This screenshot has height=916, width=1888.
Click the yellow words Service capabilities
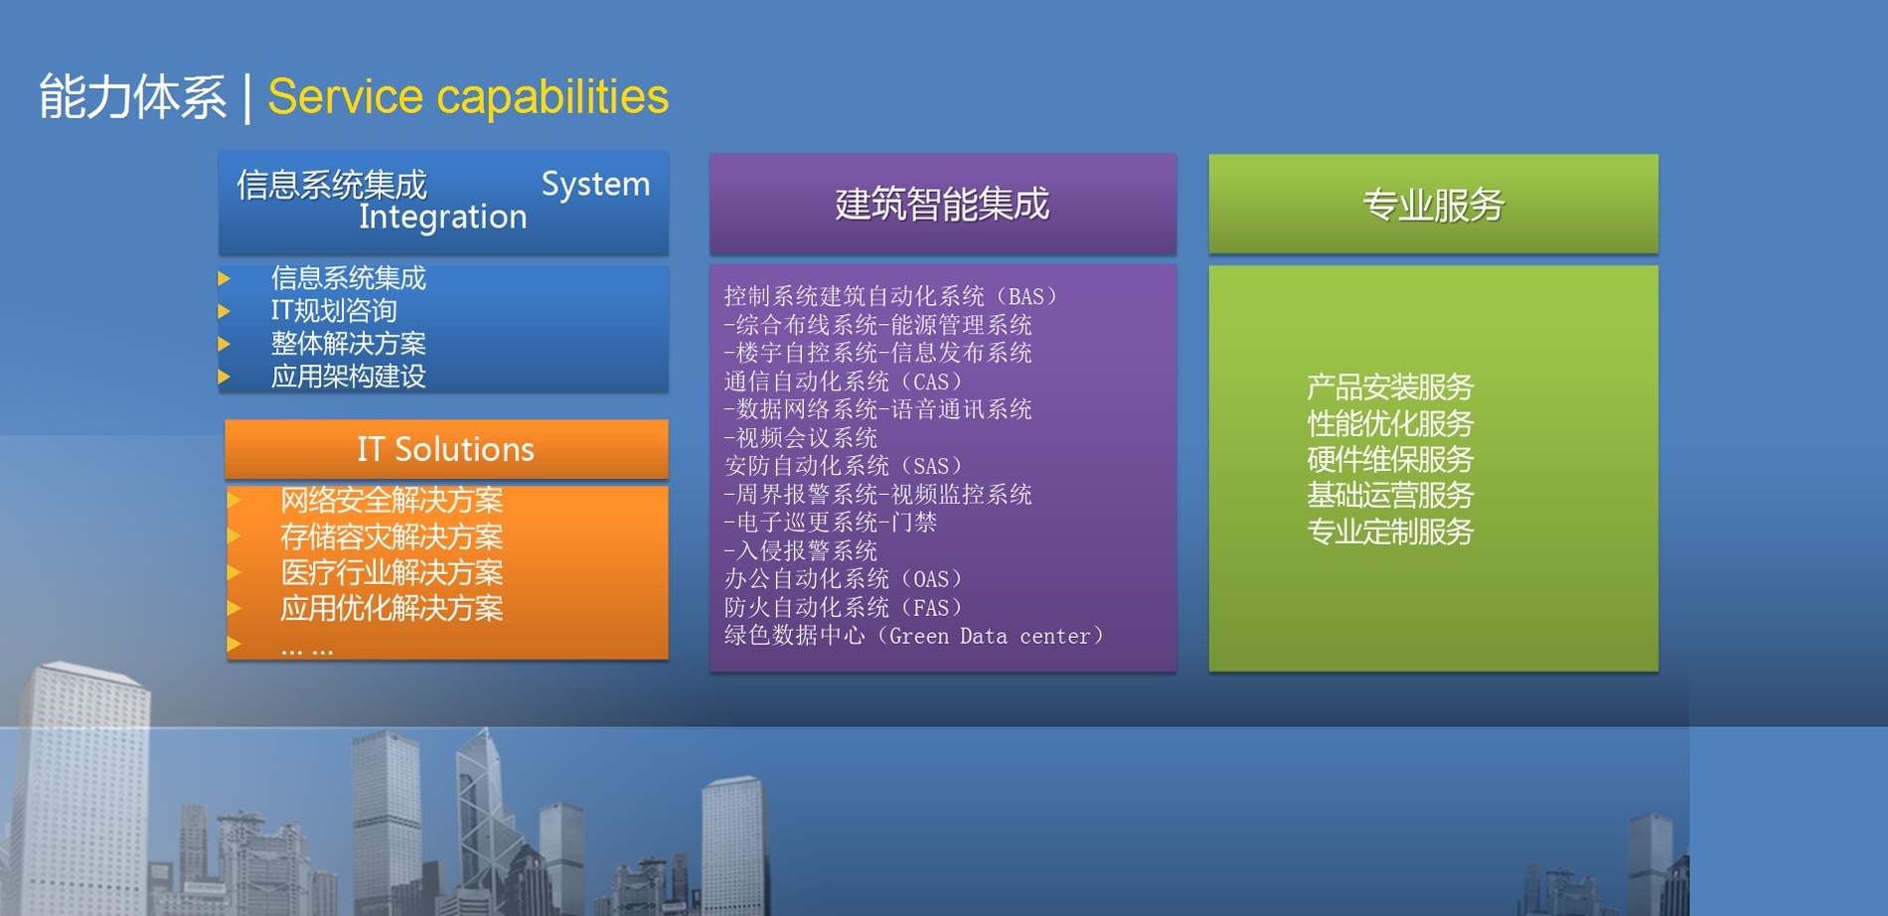pyautogui.click(x=468, y=97)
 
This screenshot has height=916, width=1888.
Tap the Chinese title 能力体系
pyautogui.click(x=133, y=97)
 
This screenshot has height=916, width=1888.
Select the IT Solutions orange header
pyautogui.click(x=446, y=449)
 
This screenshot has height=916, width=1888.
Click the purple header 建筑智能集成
pyautogui.click(x=943, y=204)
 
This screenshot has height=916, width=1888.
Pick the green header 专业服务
pyautogui.click(x=1433, y=205)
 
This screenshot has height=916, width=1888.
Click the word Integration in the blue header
pyautogui.click(x=442, y=217)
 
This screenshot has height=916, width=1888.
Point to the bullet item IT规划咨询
pyautogui.click(x=334, y=311)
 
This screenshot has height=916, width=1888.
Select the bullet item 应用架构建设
pyautogui.click(x=349, y=377)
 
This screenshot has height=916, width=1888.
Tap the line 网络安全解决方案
pyautogui.click(x=392, y=501)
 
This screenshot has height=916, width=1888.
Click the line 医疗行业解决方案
pyautogui.click(x=392, y=573)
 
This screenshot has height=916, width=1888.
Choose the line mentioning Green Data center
pyautogui.click(x=914, y=636)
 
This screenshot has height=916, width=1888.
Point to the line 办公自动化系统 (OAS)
pyautogui.click(x=844, y=579)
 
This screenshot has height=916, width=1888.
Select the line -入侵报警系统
pyautogui.click(x=801, y=550)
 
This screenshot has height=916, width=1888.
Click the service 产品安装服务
pyautogui.click(x=1389, y=387)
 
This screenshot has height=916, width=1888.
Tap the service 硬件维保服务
pyautogui.click(x=1389, y=460)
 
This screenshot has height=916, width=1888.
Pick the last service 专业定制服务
pyautogui.click(x=1389, y=533)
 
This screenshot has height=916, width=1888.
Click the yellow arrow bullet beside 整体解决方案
pyautogui.click(x=225, y=345)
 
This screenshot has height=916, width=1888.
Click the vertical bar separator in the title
pyautogui.click(x=247, y=98)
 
